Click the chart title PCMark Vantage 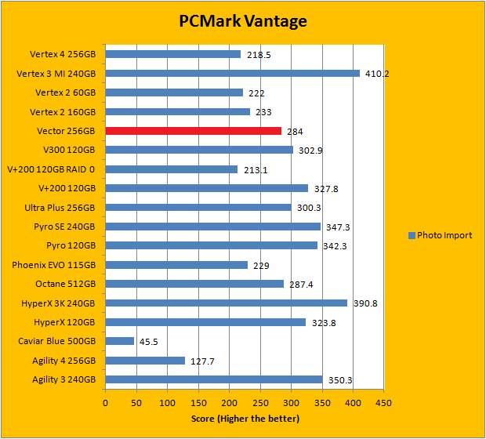point(242,21)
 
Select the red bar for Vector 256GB point(193,131)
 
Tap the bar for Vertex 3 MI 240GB point(232,74)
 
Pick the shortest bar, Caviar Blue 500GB point(119,341)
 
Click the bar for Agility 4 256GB point(145,361)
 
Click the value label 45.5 point(149,342)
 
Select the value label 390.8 point(364,303)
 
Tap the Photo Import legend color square point(411,235)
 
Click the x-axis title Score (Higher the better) point(245,418)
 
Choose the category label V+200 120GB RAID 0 point(51,169)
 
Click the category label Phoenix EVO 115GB point(54,265)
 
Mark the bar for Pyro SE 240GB point(212,227)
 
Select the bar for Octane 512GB point(194,284)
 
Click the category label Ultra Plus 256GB point(60,208)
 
